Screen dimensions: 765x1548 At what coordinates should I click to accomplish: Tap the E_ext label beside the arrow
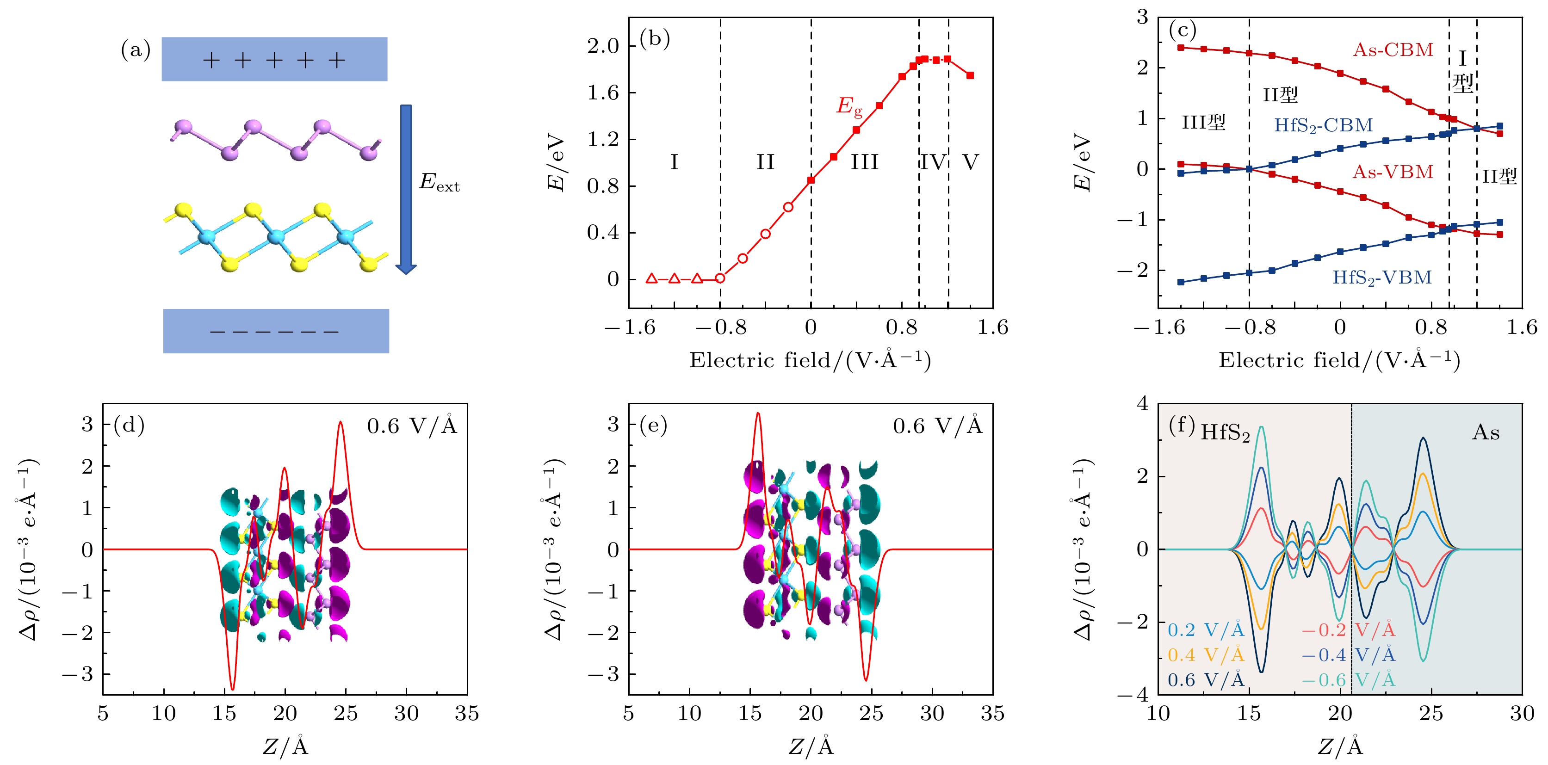coord(439,182)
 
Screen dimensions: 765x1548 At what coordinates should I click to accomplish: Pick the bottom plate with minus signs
coord(276,331)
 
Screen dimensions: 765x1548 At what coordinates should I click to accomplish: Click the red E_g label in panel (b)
coord(849,106)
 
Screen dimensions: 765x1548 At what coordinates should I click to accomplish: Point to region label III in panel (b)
coord(864,162)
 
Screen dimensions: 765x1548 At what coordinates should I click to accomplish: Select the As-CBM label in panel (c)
coord(1393,50)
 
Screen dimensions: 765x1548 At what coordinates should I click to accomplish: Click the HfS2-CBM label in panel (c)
coord(1323,125)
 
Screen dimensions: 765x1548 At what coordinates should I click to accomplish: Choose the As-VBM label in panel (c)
coord(1393,173)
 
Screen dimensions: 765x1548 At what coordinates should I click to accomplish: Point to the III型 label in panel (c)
coord(1203,123)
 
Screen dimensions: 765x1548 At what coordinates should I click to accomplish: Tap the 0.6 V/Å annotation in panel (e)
coord(937,426)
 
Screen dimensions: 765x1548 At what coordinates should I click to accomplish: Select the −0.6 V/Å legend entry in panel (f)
coord(1348,680)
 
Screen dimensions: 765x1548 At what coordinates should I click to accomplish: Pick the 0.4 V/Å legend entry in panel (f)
coord(1206,654)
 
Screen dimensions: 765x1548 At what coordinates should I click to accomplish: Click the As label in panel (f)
coord(1486,432)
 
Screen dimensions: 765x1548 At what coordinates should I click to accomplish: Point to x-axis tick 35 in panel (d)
coord(467,714)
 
